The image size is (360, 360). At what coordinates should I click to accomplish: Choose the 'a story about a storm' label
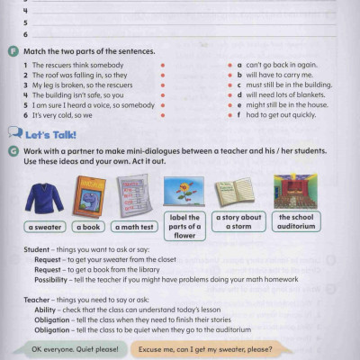238,221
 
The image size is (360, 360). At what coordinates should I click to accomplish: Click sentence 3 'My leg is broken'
71,85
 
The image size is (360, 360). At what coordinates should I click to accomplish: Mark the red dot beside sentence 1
162,66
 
